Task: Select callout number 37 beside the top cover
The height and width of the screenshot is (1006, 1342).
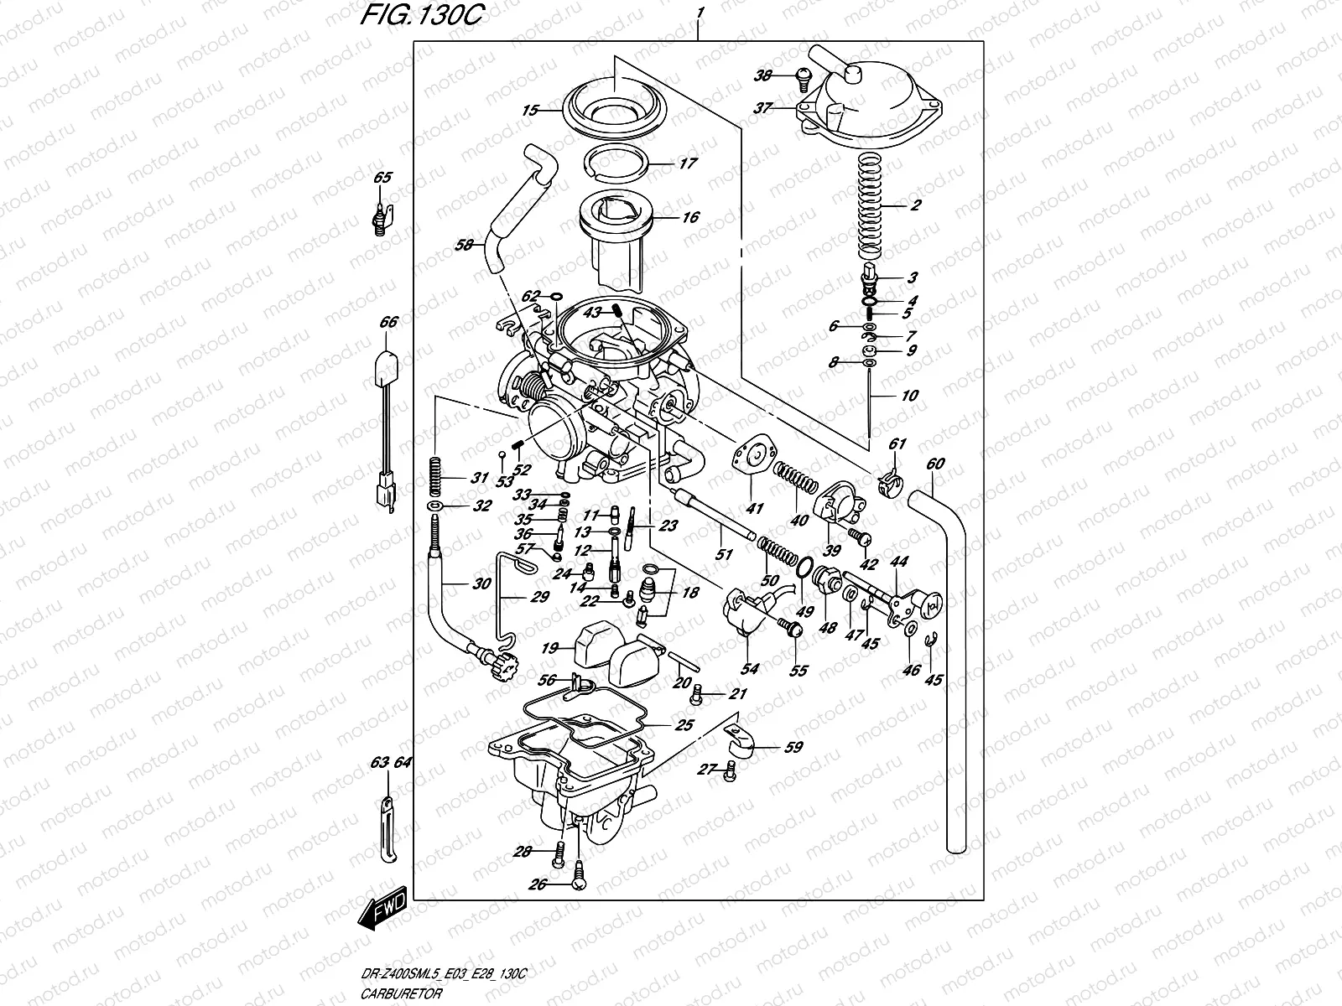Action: click(762, 108)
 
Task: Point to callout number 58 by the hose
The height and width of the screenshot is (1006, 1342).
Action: click(465, 246)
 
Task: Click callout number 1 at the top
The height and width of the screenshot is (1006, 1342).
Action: click(699, 13)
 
